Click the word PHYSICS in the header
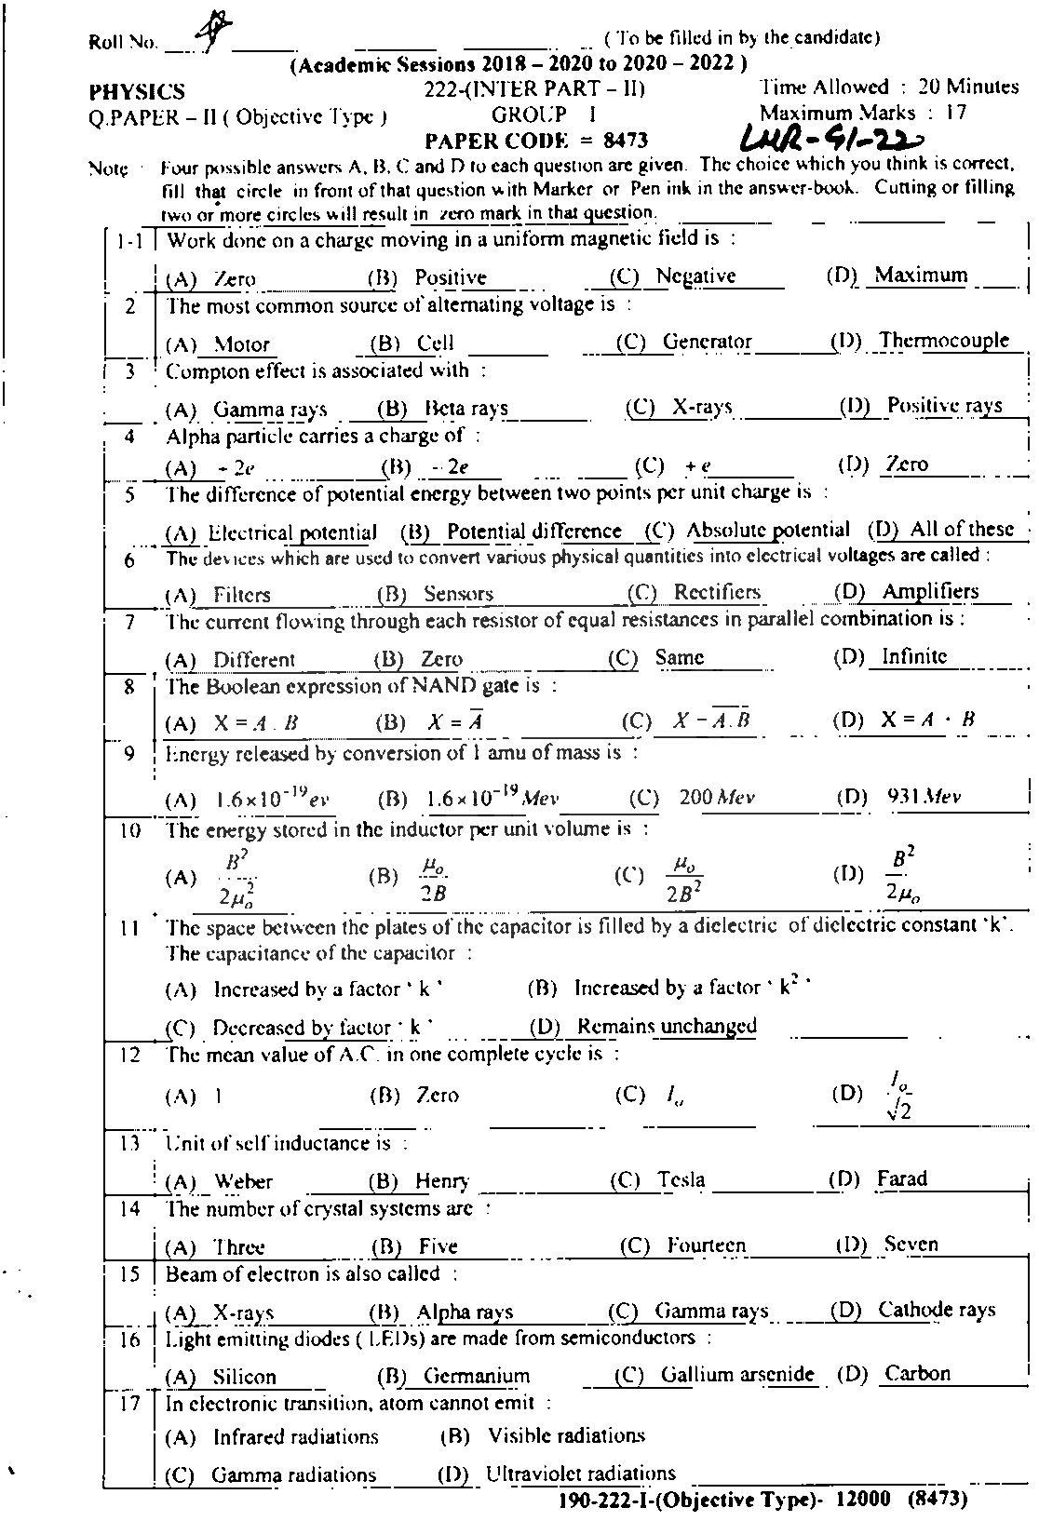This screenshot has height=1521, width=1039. [137, 92]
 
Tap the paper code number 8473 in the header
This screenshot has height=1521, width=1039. [625, 141]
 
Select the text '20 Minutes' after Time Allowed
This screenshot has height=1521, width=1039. [968, 87]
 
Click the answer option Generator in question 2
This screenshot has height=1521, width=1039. [707, 342]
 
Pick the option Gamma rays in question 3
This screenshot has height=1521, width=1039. [270, 409]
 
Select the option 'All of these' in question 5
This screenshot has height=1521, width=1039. [962, 529]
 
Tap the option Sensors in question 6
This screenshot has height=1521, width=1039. [458, 594]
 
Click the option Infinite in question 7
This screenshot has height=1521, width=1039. [914, 656]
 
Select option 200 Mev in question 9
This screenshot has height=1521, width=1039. [717, 798]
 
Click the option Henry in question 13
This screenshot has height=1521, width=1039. [442, 1181]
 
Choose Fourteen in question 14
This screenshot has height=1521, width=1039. [706, 1245]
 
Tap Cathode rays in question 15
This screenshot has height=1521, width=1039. [937, 1310]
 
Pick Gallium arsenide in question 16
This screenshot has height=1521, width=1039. [737, 1375]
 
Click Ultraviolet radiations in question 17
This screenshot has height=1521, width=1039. [580, 1474]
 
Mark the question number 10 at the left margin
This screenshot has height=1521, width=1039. [129, 830]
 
